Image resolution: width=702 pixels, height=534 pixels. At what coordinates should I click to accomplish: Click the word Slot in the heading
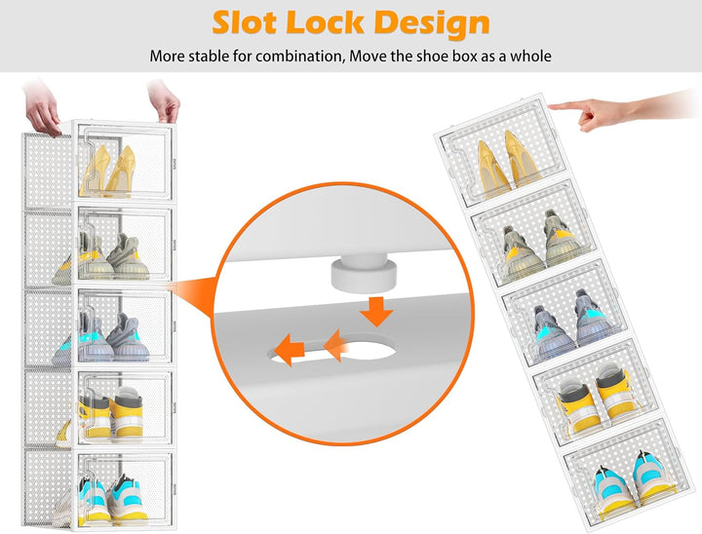click(243, 22)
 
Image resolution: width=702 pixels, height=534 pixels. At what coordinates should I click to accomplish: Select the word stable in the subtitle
click(209, 57)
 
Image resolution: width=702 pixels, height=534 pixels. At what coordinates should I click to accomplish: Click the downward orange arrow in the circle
click(376, 311)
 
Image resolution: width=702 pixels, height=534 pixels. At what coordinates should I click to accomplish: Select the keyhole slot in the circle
click(333, 348)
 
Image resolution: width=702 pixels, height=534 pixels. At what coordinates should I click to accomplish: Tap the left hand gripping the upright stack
click(42, 107)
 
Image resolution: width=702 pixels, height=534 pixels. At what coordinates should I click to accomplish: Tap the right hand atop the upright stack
click(164, 100)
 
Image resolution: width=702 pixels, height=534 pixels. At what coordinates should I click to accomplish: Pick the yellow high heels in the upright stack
click(108, 171)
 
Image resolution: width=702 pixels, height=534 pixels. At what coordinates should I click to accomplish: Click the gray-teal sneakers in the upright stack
click(103, 338)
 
